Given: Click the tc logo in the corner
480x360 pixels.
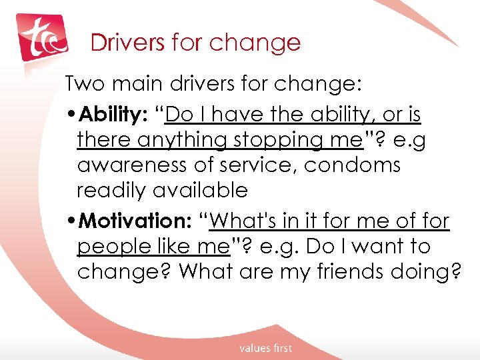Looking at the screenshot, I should (x=42, y=39).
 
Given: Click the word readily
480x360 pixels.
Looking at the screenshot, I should (x=112, y=191).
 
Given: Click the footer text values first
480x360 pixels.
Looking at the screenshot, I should (x=266, y=348).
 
